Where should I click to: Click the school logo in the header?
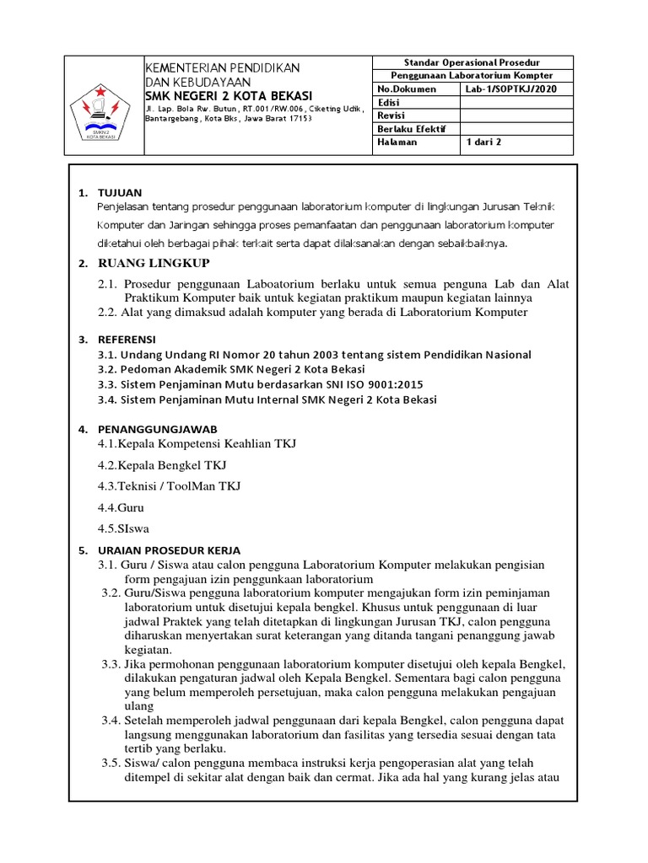click(x=100, y=110)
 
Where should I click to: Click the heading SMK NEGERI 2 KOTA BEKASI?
click(x=229, y=95)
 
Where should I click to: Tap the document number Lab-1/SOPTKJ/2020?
click(x=510, y=88)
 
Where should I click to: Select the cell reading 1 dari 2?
click(x=483, y=142)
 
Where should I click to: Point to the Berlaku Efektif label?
click(x=412, y=129)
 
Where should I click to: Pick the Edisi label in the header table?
click(x=388, y=102)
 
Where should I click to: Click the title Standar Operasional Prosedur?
click(x=472, y=62)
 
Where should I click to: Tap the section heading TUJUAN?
click(x=121, y=193)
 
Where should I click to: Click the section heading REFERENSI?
click(x=127, y=339)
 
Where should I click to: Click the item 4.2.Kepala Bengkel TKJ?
click(x=162, y=464)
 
